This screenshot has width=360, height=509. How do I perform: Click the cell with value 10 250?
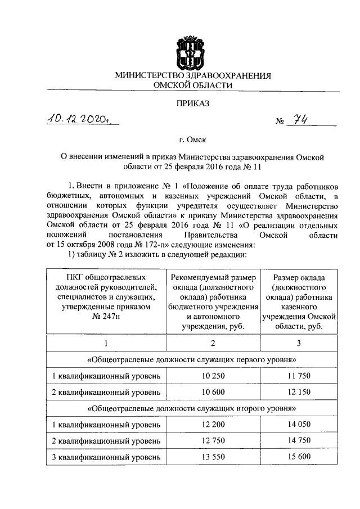tap(212, 376)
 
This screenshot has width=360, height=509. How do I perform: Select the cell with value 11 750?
tap(299, 376)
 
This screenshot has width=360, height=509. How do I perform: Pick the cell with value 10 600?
tap(212, 391)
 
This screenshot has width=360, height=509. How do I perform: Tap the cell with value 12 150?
tap(299, 391)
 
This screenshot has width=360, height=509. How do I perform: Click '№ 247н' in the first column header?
tap(105, 317)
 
